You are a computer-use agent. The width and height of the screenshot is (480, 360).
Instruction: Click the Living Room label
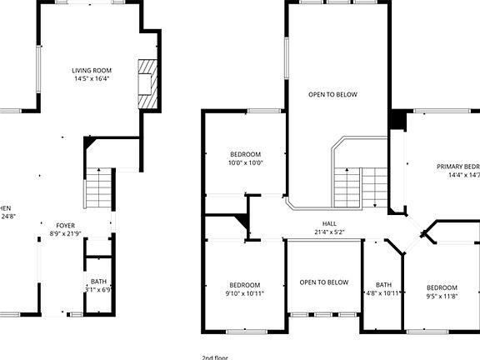click(92, 71)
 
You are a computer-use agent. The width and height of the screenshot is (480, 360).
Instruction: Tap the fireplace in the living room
click(147, 84)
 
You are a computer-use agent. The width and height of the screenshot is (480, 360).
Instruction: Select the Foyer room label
click(65, 226)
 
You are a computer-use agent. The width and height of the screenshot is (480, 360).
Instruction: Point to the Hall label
click(330, 224)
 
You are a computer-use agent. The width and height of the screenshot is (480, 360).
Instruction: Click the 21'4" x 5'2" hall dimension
click(330, 233)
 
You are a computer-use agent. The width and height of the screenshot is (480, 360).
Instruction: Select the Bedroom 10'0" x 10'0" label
click(246, 154)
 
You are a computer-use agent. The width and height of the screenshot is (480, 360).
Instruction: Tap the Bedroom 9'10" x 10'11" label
click(244, 284)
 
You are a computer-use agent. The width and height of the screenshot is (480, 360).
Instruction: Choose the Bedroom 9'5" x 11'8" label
click(442, 287)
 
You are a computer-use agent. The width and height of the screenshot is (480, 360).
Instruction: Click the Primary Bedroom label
click(458, 167)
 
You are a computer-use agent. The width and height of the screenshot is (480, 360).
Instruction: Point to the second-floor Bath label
click(383, 284)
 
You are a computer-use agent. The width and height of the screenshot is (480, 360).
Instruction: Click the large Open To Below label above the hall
click(332, 94)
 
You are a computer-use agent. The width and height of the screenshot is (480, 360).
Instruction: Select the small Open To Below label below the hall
click(324, 282)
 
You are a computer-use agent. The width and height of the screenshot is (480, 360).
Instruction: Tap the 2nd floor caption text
click(214, 357)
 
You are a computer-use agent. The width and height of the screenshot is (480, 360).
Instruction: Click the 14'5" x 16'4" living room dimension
click(92, 80)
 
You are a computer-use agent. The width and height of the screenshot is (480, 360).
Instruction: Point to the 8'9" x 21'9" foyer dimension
click(65, 234)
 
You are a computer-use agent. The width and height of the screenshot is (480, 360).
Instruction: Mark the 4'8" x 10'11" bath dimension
click(384, 293)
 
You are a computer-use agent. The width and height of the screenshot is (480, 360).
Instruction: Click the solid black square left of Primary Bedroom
click(398, 120)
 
